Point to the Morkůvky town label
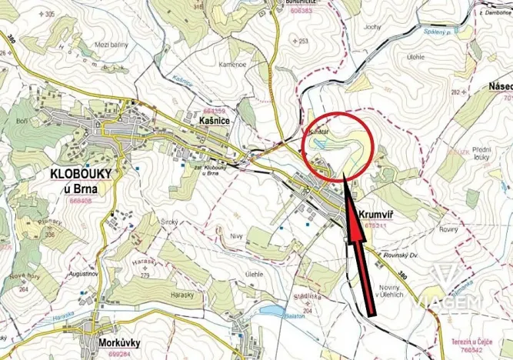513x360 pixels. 118,343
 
